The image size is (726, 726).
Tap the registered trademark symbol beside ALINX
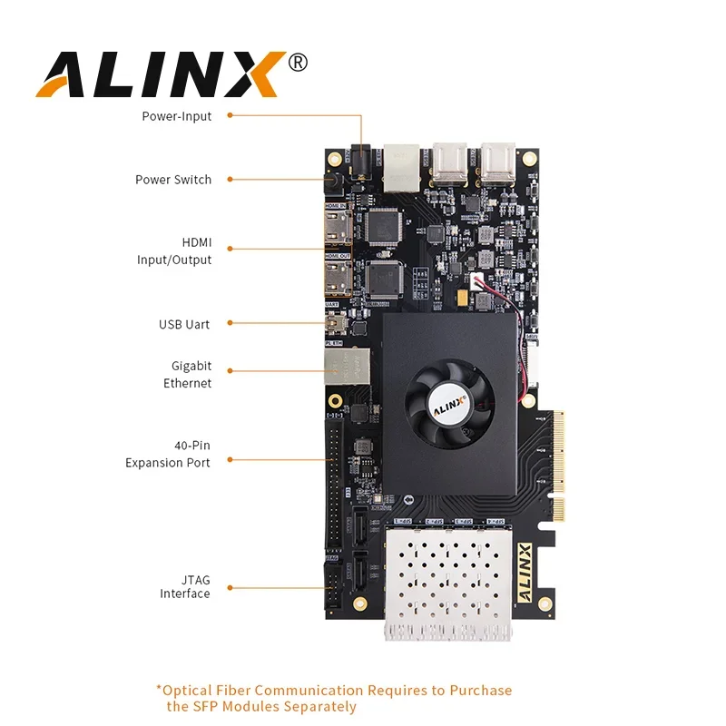pos(297,62)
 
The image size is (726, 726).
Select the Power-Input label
pos(177,116)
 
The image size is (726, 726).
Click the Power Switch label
pos(173,180)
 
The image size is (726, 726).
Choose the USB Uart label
pos(185,324)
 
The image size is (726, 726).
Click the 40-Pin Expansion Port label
pos(168,454)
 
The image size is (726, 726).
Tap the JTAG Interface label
pos(185,586)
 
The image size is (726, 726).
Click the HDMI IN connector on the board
pos(338,226)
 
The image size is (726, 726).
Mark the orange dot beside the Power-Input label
pos(230,115)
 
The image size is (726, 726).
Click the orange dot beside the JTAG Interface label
pos(230,587)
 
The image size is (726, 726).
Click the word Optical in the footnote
pos(188,691)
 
